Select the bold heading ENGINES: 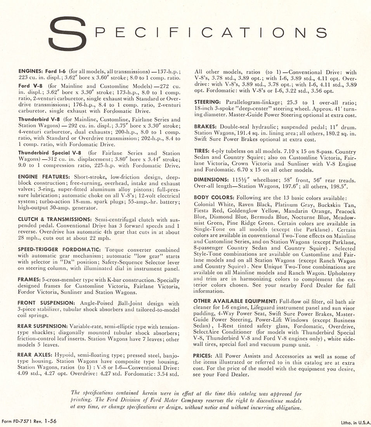[x=32, y=72]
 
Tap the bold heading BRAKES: [x=205, y=127]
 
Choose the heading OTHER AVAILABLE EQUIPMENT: [x=234, y=302]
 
